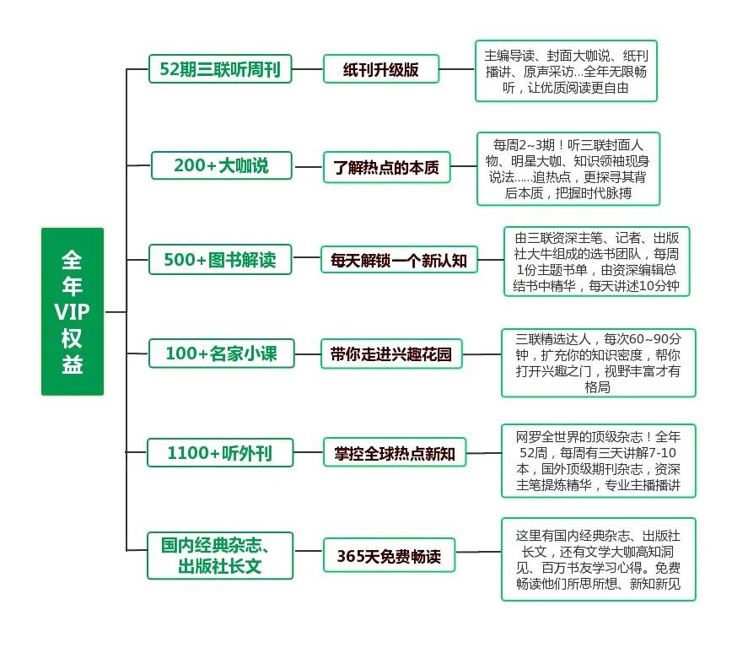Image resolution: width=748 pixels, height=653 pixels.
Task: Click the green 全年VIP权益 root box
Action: (73, 311)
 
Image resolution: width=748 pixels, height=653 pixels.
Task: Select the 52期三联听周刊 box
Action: (220, 69)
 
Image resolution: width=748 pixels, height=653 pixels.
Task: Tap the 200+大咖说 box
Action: (221, 165)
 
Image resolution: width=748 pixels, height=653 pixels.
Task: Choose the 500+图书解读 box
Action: (219, 260)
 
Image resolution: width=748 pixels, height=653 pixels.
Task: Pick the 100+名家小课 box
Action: (221, 354)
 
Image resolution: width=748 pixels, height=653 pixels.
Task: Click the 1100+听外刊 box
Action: (219, 453)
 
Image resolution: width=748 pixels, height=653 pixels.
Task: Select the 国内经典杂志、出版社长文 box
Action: (220, 555)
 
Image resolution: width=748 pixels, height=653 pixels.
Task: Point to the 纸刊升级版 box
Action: (381, 69)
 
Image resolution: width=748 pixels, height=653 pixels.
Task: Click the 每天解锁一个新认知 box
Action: (399, 261)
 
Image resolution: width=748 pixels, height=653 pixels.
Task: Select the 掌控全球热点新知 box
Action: (394, 454)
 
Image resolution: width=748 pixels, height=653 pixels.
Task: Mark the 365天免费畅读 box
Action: (384, 557)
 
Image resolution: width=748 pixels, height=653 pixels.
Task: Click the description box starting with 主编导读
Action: (566, 71)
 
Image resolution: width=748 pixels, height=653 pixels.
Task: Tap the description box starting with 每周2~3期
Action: (568, 168)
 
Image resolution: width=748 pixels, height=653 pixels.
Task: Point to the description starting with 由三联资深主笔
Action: (597, 262)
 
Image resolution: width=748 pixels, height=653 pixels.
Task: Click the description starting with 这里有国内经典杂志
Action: (598, 559)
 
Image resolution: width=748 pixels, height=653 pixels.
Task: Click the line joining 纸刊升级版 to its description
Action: (457, 69)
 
